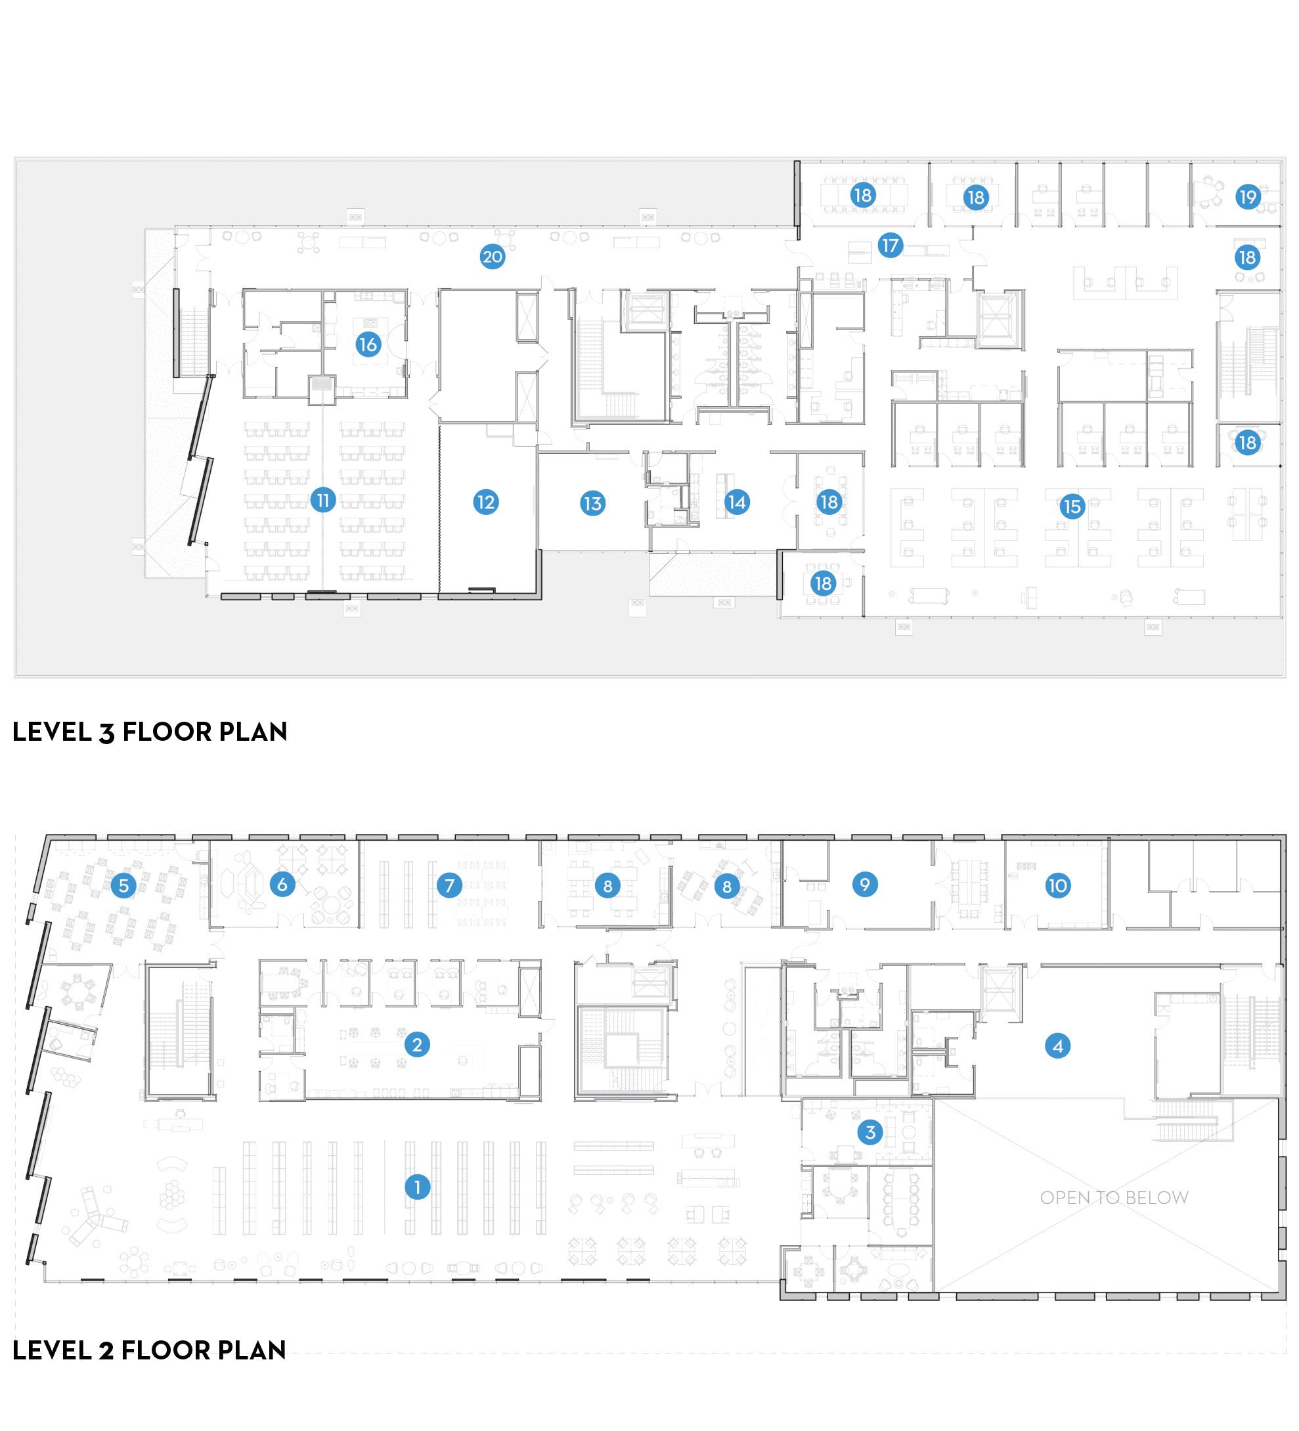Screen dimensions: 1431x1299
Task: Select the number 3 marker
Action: click(870, 1132)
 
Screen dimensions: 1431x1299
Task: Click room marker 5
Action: click(123, 885)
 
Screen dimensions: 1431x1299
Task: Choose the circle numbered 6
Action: click(282, 885)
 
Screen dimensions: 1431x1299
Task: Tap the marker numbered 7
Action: click(449, 885)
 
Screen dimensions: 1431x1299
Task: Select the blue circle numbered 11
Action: click(323, 500)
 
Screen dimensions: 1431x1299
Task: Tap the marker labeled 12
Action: click(485, 502)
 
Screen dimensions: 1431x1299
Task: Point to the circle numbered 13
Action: click(592, 503)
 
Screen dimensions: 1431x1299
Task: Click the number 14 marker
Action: click(737, 502)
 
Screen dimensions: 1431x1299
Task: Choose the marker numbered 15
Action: click(1072, 506)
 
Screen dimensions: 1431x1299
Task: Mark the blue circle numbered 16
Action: click(368, 345)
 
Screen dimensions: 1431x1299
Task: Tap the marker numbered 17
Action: click(889, 246)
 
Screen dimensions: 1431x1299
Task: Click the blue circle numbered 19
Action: click(1247, 196)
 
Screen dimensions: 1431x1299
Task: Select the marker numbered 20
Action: click(493, 256)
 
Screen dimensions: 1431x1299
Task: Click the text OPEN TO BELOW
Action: click(1114, 1197)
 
